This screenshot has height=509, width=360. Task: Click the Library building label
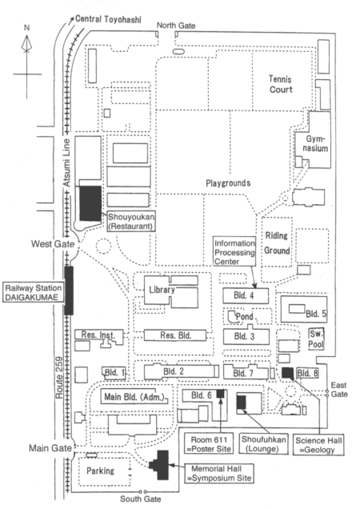[x=162, y=290]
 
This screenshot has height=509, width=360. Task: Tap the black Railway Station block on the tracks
[x=69, y=291]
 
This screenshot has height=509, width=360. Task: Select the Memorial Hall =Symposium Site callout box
[x=219, y=474]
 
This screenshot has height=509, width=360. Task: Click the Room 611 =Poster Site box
[x=209, y=444]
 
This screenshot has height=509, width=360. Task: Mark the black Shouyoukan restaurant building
[x=90, y=203]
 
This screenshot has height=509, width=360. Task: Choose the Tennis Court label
[x=281, y=84]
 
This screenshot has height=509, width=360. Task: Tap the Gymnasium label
[x=317, y=143]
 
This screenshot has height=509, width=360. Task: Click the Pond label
[x=245, y=316]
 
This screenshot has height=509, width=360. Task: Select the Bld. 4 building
[x=246, y=296]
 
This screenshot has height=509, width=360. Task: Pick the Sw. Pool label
[x=316, y=339]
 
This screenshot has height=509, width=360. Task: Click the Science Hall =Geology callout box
[x=318, y=445]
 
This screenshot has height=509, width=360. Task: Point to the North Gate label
[x=176, y=26]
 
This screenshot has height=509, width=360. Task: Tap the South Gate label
[x=140, y=499]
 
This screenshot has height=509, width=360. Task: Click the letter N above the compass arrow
[x=26, y=27]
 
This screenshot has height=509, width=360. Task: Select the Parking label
[x=100, y=471]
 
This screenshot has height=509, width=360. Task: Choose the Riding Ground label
[x=277, y=242]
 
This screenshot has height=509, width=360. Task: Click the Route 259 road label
[x=59, y=378]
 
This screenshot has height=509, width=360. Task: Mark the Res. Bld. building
[x=175, y=335]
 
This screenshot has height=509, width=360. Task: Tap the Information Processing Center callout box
[x=234, y=252]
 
